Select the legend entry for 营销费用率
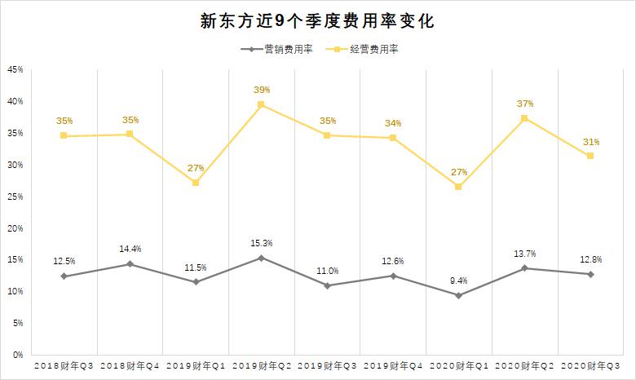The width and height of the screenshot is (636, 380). (x=277, y=50)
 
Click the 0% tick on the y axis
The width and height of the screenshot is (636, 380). (x=17, y=356)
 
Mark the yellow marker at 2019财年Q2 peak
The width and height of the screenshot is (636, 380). (x=261, y=104)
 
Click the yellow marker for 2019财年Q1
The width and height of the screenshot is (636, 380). (x=196, y=183)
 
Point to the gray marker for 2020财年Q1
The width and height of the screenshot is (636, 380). (x=458, y=295)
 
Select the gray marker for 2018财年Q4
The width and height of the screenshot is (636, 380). (x=130, y=264)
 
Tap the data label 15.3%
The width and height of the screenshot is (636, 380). (x=261, y=243)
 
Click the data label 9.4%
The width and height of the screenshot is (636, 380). (x=458, y=281)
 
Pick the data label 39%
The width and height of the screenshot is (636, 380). (x=261, y=90)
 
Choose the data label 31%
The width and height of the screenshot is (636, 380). (x=590, y=141)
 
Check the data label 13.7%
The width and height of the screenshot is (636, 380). (x=524, y=254)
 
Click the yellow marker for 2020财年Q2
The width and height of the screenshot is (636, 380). (x=524, y=118)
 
